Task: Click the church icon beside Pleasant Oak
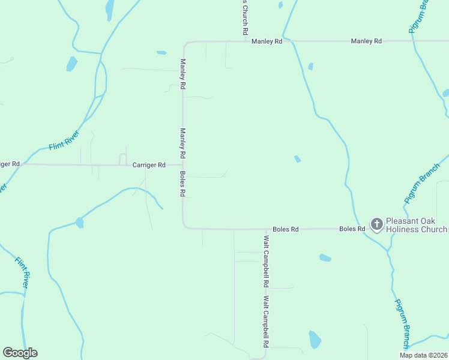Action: tap(376, 225)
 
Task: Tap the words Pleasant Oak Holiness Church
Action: tap(416, 225)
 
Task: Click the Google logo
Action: tap(20, 353)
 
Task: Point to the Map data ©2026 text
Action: tap(423, 355)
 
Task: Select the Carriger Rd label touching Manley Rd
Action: tap(149, 164)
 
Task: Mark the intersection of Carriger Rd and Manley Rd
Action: tap(183, 164)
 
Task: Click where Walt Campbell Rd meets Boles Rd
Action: tap(266, 229)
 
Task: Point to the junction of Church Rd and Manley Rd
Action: tap(246, 41)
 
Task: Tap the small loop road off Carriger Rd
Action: tap(122, 158)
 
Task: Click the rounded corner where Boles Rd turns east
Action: tap(185, 226)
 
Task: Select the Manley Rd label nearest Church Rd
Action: tap(267, 41)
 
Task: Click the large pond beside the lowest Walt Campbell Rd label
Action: tap(315, 340)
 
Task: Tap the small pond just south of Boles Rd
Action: tap(325, 258)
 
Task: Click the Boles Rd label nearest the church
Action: tap(352, 229)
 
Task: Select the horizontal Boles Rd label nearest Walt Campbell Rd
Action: tap(285, 229)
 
